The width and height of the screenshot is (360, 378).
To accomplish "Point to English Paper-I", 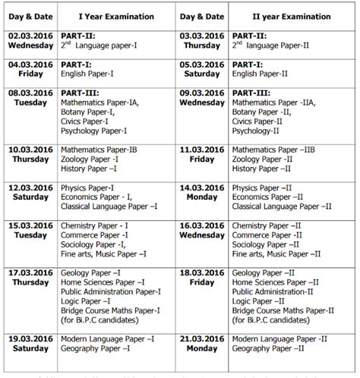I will (x=91, y=74).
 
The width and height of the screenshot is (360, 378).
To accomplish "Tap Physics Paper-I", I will (x=87, y=187).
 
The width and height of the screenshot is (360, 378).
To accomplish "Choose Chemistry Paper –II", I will (x=267, y=225).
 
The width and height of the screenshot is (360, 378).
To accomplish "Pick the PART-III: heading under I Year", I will (x=78, y=92).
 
